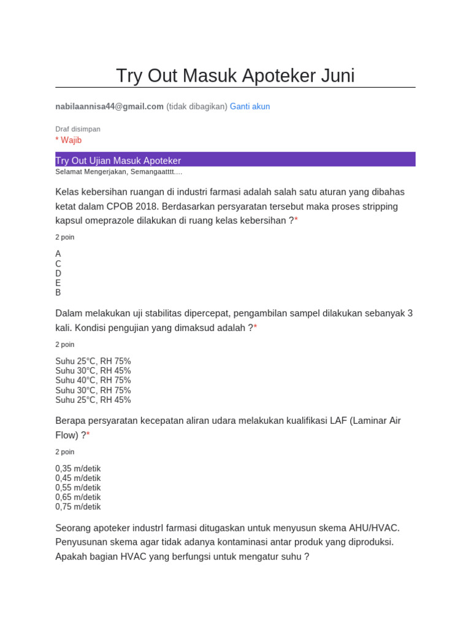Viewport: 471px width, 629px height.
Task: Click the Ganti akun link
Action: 250,106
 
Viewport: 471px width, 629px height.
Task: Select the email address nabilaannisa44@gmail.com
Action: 109,106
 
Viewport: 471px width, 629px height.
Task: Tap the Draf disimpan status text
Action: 78,129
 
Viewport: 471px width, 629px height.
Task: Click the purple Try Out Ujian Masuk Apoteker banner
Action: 235,160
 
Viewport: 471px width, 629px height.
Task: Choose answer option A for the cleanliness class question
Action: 58,254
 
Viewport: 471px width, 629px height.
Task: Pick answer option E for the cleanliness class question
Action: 58,283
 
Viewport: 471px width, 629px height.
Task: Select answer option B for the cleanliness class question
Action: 58,293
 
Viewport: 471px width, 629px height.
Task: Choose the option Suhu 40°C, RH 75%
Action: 93,380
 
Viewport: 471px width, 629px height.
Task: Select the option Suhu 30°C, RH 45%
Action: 93,370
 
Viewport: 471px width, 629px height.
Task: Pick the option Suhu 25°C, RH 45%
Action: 93,400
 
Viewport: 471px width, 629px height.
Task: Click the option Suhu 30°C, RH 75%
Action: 93,390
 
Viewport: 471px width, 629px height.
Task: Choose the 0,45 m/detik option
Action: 78,478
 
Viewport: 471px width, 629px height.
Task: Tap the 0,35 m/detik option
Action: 78,468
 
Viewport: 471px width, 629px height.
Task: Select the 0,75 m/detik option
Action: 78,507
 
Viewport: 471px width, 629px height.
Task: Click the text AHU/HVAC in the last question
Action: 374,528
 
